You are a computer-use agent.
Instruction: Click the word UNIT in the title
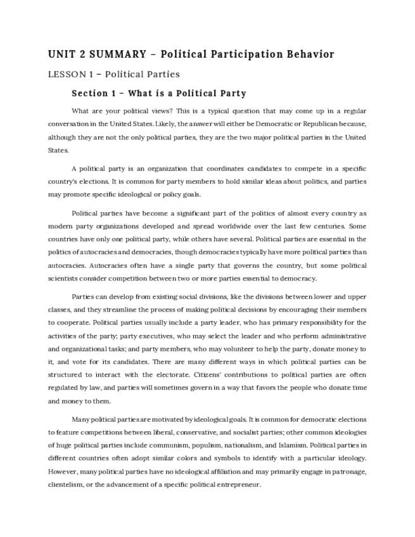[x=61, y=54]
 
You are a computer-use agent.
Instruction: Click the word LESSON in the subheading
[x=66, y=74]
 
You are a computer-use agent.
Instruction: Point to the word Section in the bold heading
[x=90, y=94]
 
